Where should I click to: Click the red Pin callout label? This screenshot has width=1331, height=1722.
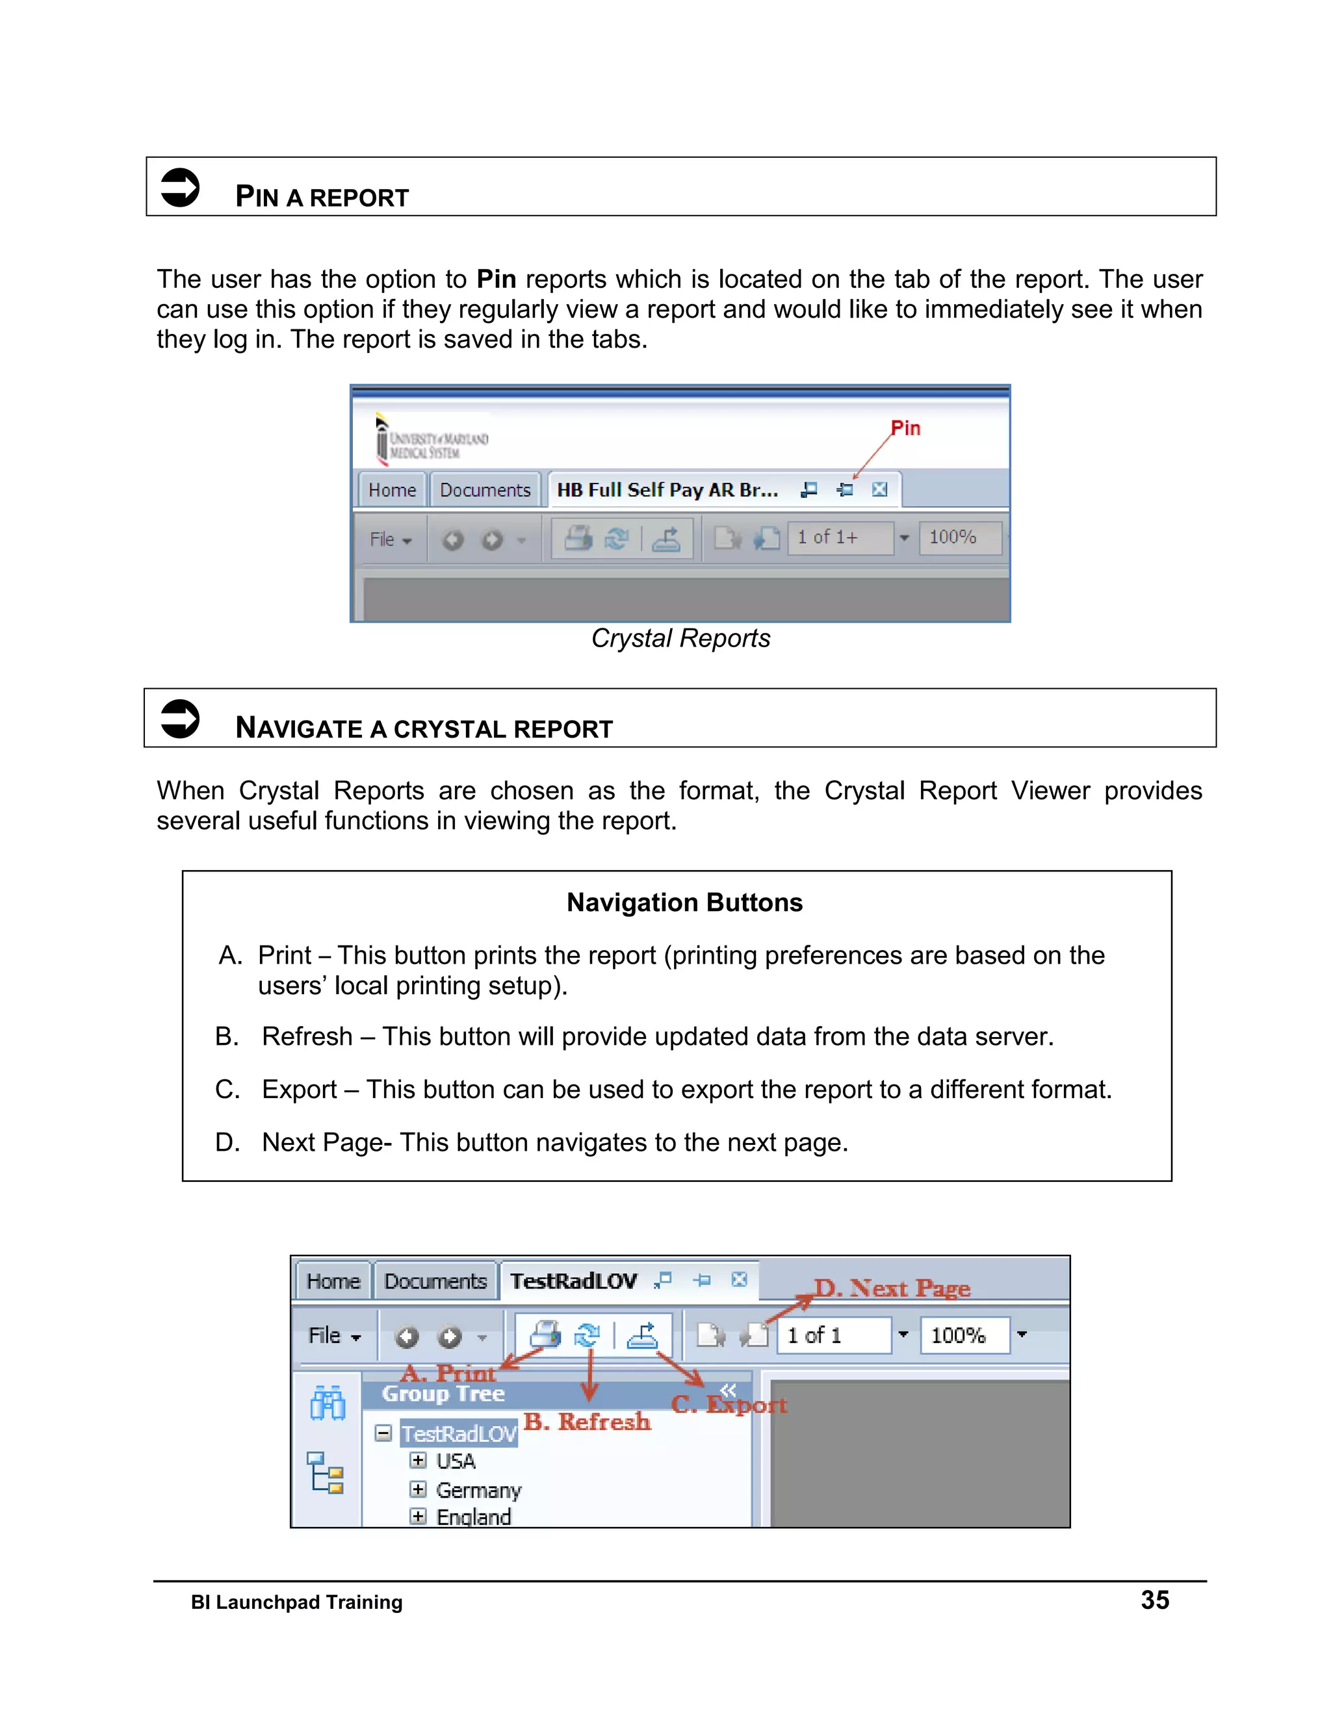pyautogui.click(x=905, y=428)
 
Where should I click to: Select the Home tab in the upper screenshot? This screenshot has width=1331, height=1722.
pyautogui.click(x=392, y=491)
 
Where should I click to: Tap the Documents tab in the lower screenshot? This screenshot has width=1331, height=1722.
pyautogui.click(x=435, y=1281)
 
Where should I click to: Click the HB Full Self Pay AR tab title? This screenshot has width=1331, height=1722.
pyautogui.click(x=667, y=491)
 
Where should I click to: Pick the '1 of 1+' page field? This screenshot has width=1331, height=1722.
pyautogui.click(x=838, y=538)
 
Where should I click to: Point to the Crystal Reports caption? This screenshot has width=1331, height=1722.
pyautogui.click(x=680, y=639)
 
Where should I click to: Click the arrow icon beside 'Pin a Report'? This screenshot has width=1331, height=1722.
pyautogui.click(x=180, y=188)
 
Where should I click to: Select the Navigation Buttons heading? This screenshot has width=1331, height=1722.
pyautogui.click(x=684, y=903)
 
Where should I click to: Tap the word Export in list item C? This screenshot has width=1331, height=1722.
pyautogui.click(x=300, y=1090)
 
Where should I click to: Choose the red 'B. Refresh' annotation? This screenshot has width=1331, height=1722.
pyautogui.click(x=588, y=1422)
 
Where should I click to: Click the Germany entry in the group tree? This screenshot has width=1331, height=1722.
pyautogui.click(x=478, y=1490)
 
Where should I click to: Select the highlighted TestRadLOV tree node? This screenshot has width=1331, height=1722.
pyautogui.click(x=459, y=1433)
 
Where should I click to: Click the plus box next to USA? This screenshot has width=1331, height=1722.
pyautogui.click(x=418, y=1461)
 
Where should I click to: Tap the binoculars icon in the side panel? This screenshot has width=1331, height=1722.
pyautogui.click(x=328, y=1404)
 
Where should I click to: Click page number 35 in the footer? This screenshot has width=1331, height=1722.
pyautogui.click(x=1154, y=1600)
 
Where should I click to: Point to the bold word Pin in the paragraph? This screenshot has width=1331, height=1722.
pyautogui.click(x=496, y=279)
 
